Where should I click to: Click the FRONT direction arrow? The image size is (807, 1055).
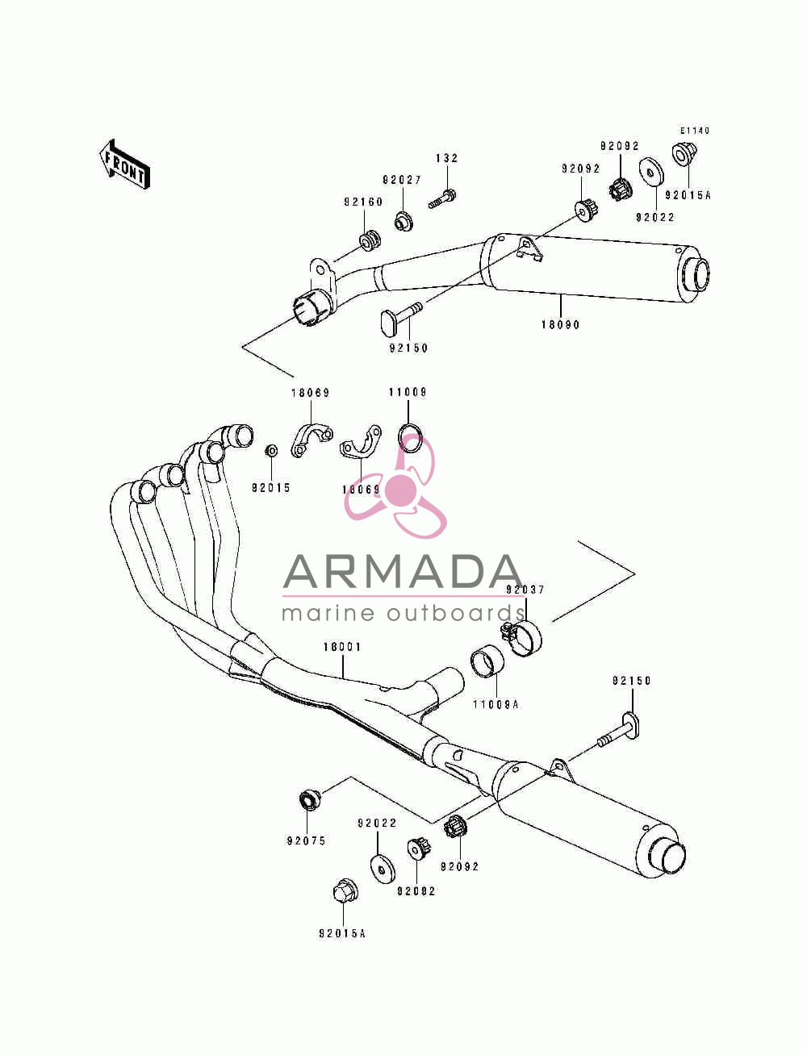(x=124, y=165)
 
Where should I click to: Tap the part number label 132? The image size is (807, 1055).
(x=447, y=158)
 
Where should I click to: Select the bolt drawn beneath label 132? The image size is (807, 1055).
(x=442, y=199)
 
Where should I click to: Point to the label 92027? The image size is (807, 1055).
(x=402, y=180)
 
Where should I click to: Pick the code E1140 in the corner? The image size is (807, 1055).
(x=695, y=130)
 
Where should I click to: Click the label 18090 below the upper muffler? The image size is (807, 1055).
(x=560, y=324)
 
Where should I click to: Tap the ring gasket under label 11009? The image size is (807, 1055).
(x=410, y=438)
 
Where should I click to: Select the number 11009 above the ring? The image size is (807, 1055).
(x=408, y=392)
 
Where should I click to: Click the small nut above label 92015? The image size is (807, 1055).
(x=272, y=451)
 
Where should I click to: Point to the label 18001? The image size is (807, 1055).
(x=341, y=647)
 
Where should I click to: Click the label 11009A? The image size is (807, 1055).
(x=495, y=705)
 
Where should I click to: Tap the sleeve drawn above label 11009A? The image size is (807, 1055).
(x=487, y=661)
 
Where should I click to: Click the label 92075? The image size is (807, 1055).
(x=307, y=840)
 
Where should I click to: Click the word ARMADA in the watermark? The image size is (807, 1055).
(x=403, y=572)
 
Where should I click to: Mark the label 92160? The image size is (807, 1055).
(x=363, y=202)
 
